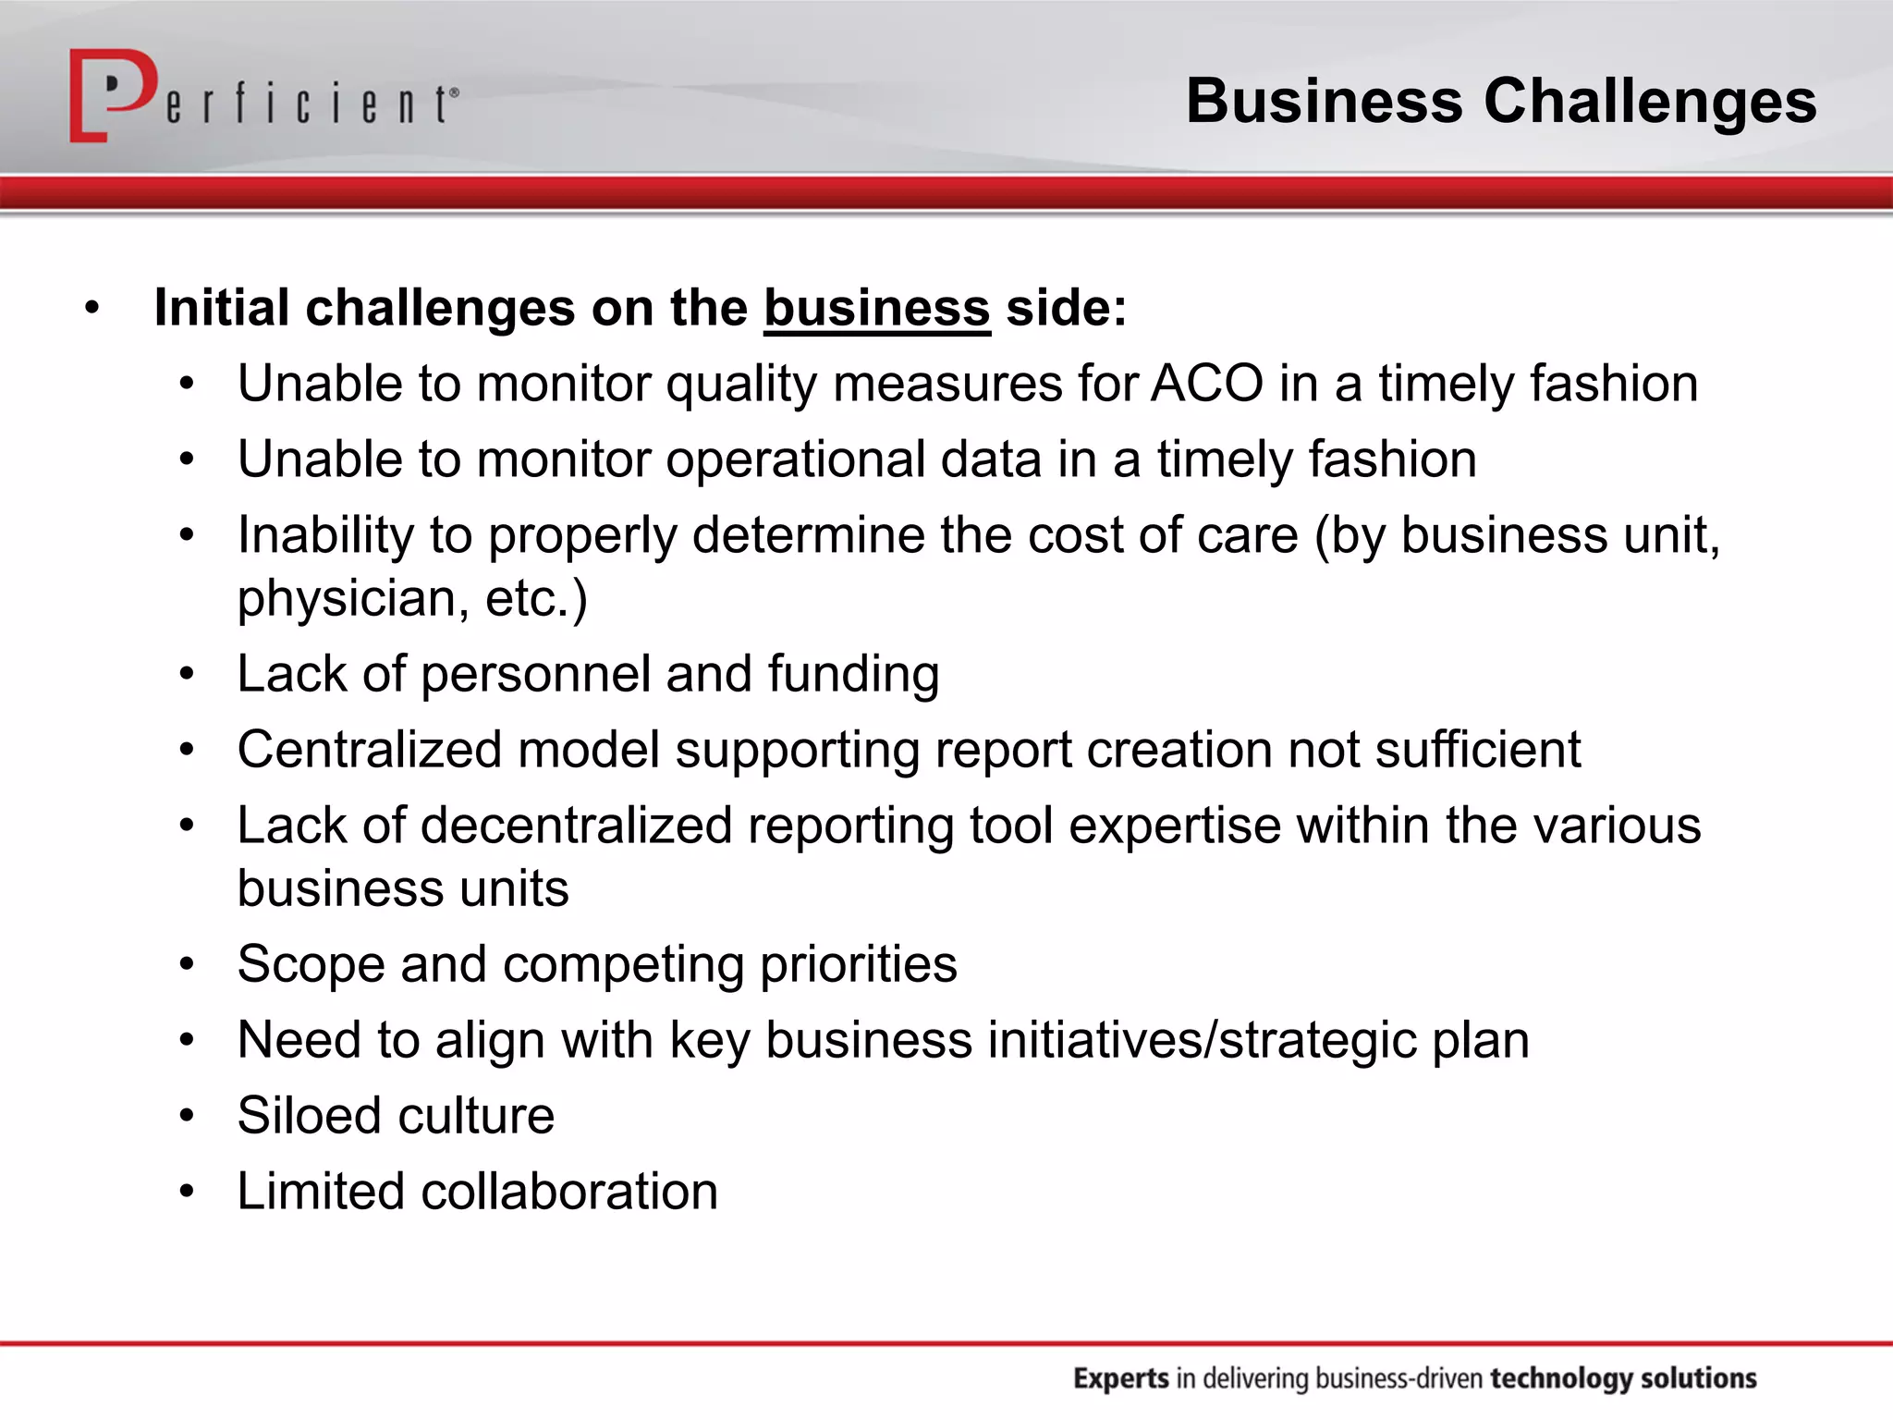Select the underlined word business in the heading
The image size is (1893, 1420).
click(876, 308)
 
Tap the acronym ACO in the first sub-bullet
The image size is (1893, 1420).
click(1206, 384)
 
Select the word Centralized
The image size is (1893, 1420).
click(369, 749)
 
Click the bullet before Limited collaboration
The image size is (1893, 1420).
click(188, 1192)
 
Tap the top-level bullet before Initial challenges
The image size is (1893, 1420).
click(91, 308)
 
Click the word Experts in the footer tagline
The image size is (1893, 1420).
click(1120, 1378)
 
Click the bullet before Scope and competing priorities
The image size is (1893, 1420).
click(188, 964)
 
